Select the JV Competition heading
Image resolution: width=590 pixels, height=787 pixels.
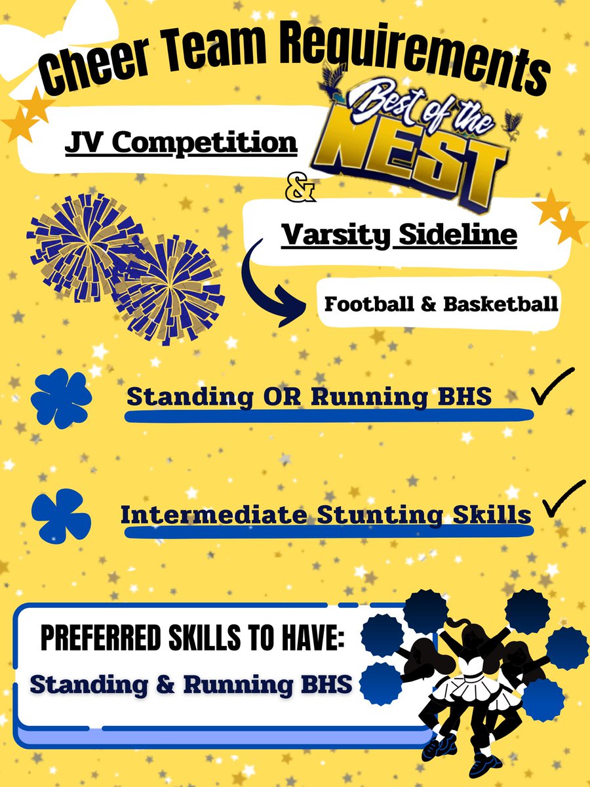181,141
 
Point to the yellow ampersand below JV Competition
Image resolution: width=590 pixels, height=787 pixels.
302,192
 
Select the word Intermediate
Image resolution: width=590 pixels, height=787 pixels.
213,514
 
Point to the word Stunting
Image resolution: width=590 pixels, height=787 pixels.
380,514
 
